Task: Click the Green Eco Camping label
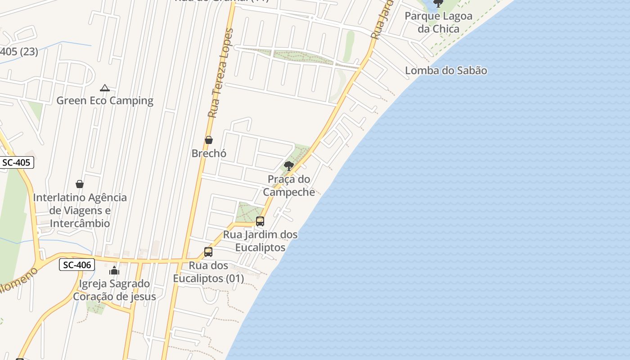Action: click(x=104, y=100)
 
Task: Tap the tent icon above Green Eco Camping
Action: click(x=105, y=88)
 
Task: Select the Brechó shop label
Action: click(x=209, y=153)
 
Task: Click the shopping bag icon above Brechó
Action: click(x=209, y=140)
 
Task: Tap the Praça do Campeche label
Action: click(x=289, y=185)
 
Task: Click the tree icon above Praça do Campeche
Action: click(x=289, y=166)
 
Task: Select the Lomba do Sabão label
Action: click(x=445, y=70)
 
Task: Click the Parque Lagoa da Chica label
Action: click(x=438, y=22)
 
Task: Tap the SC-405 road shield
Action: click(x=16, y=162)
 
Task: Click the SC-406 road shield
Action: click(x=77, y=265)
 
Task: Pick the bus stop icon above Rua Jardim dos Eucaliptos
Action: click(x=260, y=221)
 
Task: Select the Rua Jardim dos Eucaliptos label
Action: click(x=260, y=241)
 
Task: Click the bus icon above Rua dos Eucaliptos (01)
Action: click(x=208, y=252)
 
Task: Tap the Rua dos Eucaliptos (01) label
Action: click(x=208, y=272)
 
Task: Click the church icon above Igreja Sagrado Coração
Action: click(x=114, y=270)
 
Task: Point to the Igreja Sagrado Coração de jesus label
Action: click(x=114, y=290)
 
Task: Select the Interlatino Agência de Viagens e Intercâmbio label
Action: click(x=80, y=210)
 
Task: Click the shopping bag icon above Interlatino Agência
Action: click(x=80, y=184)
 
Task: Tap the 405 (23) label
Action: click(x=19, y=51)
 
